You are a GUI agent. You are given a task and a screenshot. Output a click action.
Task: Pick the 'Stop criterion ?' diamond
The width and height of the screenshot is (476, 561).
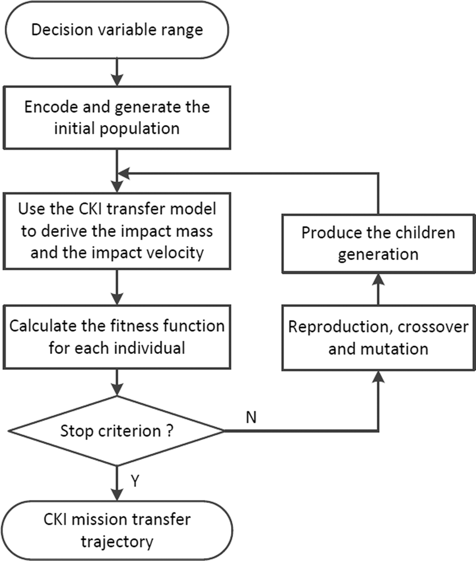pos(116,432)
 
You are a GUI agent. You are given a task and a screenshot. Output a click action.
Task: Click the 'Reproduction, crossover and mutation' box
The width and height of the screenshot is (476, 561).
pos(378,338)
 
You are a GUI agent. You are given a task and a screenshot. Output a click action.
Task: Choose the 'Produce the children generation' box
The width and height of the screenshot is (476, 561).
pos(378,243)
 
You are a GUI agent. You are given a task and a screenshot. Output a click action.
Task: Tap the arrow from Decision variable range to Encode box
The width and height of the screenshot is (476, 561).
pos(116,70)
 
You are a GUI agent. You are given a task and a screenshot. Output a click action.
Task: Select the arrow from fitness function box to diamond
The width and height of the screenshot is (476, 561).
pos(116,383)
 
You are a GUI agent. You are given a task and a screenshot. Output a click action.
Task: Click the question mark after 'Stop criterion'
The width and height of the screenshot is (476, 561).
pos(170,433)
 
